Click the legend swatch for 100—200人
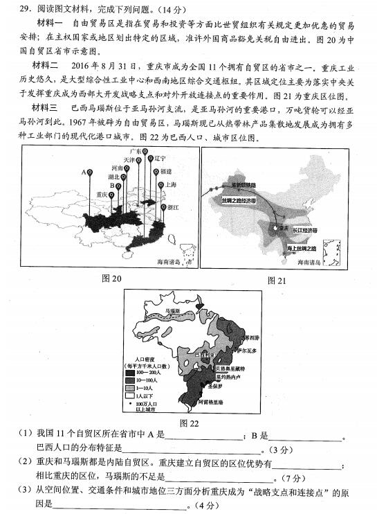pos(130,372)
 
